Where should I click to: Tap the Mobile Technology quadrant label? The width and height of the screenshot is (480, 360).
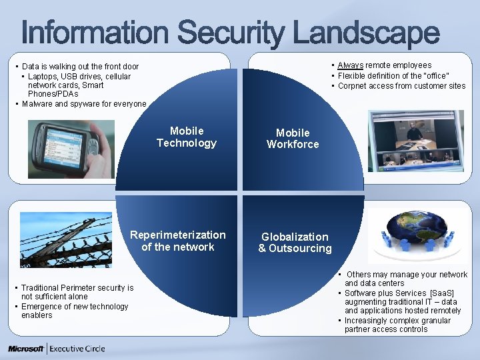click(187, 137)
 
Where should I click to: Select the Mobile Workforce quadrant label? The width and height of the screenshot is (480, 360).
click(293, 139)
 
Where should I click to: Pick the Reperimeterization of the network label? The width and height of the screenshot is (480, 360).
click(178, 241)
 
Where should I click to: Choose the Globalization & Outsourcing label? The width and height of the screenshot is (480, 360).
click(295, 243)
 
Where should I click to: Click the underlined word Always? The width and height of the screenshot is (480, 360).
click(351, 65)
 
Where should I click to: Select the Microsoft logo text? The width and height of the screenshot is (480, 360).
click(26, 349)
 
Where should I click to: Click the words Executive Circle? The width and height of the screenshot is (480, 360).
click(77, 349)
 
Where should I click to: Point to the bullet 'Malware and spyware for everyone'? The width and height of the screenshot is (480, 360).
click(83, 104)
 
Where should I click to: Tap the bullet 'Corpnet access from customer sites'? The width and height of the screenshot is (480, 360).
click(401, 86)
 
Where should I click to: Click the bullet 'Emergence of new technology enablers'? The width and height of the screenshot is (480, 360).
click(74, 311)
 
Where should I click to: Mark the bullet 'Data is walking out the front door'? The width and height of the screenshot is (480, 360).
click(80, 67)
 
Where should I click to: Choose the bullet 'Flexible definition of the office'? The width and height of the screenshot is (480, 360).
click(393, 75)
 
